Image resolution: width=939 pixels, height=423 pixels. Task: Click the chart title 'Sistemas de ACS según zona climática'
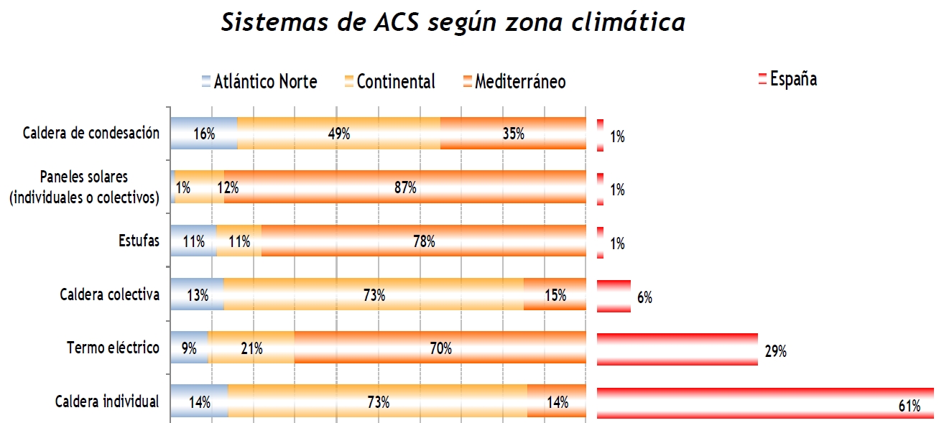click(x=453, y=23)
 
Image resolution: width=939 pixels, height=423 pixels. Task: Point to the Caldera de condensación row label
click(x=91, y=134)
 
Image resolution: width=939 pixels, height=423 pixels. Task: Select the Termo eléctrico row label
click(x=113, y=348)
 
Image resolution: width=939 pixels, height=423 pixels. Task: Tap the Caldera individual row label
click(x=107, y=401)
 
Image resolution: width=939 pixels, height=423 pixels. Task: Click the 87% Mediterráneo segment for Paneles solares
click(x=404, y=187)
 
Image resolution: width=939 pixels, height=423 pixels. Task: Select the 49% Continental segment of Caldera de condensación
click(x=338, y=134)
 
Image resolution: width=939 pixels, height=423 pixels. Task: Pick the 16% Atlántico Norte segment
click(x=203, y=134)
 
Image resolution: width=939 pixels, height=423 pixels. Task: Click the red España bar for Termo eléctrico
click(x=677, y=349)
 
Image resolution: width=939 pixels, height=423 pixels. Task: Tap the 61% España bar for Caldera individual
click(x=764, y=403)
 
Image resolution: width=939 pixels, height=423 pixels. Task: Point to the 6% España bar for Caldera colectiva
click(x=614, y=296)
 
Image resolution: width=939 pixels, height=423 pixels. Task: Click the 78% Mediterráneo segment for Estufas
click(x=423, y=241)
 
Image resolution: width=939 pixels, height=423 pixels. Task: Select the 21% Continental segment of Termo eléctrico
click(x=251, y=349)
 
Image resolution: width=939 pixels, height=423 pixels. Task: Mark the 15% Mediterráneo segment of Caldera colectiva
click(x=555, y=295)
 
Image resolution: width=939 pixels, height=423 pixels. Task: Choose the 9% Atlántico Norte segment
click(x=189, y=349)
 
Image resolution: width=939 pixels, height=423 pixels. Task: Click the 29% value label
click(x=776, y=352)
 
